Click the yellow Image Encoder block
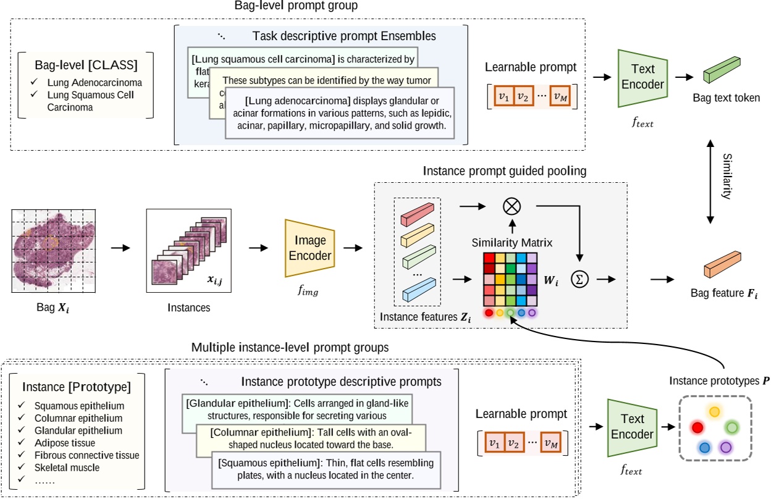click(310, 247)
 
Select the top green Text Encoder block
click(642, 77)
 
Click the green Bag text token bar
click(722, 70)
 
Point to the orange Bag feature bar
click(722, 264)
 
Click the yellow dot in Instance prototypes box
click(715, 411)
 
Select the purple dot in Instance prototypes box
click(726, 447)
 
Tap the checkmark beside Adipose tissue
click(22, 443)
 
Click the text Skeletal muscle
click(64, 467)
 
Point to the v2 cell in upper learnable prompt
click(523, 96)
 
